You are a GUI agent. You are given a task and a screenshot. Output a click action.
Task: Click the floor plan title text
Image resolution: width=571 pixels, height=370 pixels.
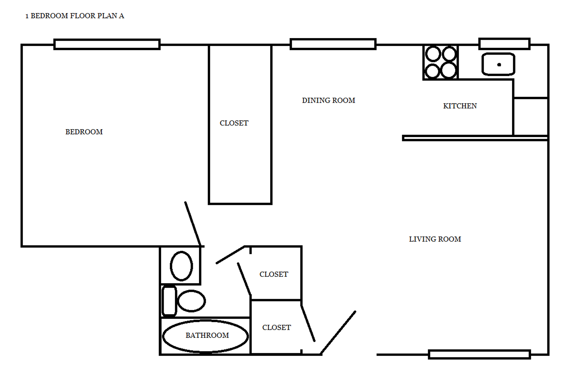(x=75, y=16)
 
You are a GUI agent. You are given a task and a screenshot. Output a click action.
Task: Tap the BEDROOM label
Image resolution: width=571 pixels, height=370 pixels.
(x=84, y=132)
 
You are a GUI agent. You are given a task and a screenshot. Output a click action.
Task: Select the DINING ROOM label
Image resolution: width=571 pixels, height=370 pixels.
(x=328, y=100)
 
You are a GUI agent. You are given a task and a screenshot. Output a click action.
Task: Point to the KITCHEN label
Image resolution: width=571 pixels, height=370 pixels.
(x=460, y=106)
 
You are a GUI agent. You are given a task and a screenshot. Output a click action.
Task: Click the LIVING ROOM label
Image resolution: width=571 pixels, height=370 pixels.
(x=435, y=239)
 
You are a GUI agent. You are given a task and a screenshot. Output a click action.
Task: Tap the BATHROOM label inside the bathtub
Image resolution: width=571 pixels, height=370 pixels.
(x=207, y=335)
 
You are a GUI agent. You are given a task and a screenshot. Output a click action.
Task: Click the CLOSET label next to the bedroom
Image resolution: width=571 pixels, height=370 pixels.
(x=234, y=123)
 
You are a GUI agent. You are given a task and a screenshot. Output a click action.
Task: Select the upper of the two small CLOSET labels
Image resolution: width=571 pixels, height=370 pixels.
(x=274, y=274)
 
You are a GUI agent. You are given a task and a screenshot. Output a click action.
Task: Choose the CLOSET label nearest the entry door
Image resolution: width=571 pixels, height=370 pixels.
(x=276, y=328)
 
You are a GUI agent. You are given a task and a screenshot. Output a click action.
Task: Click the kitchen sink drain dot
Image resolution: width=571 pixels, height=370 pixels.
(x=499, y=64)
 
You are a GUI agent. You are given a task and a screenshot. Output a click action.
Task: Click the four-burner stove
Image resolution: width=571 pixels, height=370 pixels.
(x=440, y=62)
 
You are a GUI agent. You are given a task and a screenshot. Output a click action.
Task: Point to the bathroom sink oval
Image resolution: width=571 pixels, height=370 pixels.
(x=181, y=266)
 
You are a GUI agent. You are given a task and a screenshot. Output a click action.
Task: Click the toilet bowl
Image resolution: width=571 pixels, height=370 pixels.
(x=191, y=301)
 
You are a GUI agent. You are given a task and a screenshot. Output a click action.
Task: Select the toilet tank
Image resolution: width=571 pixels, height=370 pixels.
(x=169, y=300)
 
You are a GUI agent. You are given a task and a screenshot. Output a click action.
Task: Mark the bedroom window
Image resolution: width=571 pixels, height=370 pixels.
(x=107, y=45)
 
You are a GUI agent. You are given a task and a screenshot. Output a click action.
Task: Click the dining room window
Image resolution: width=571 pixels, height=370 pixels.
(x=333, y=44)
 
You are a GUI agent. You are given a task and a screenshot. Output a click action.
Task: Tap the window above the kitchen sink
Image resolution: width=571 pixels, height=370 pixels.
(x=504, y=44)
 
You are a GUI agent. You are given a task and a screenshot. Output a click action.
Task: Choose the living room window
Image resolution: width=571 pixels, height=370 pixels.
(x=479, y=354)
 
